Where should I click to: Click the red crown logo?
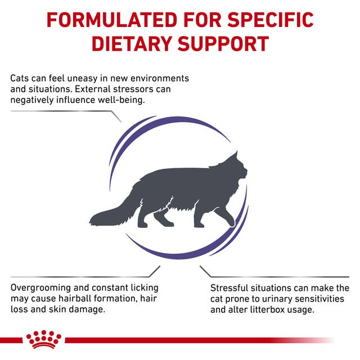[43, 340]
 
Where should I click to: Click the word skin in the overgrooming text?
[66, 310]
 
